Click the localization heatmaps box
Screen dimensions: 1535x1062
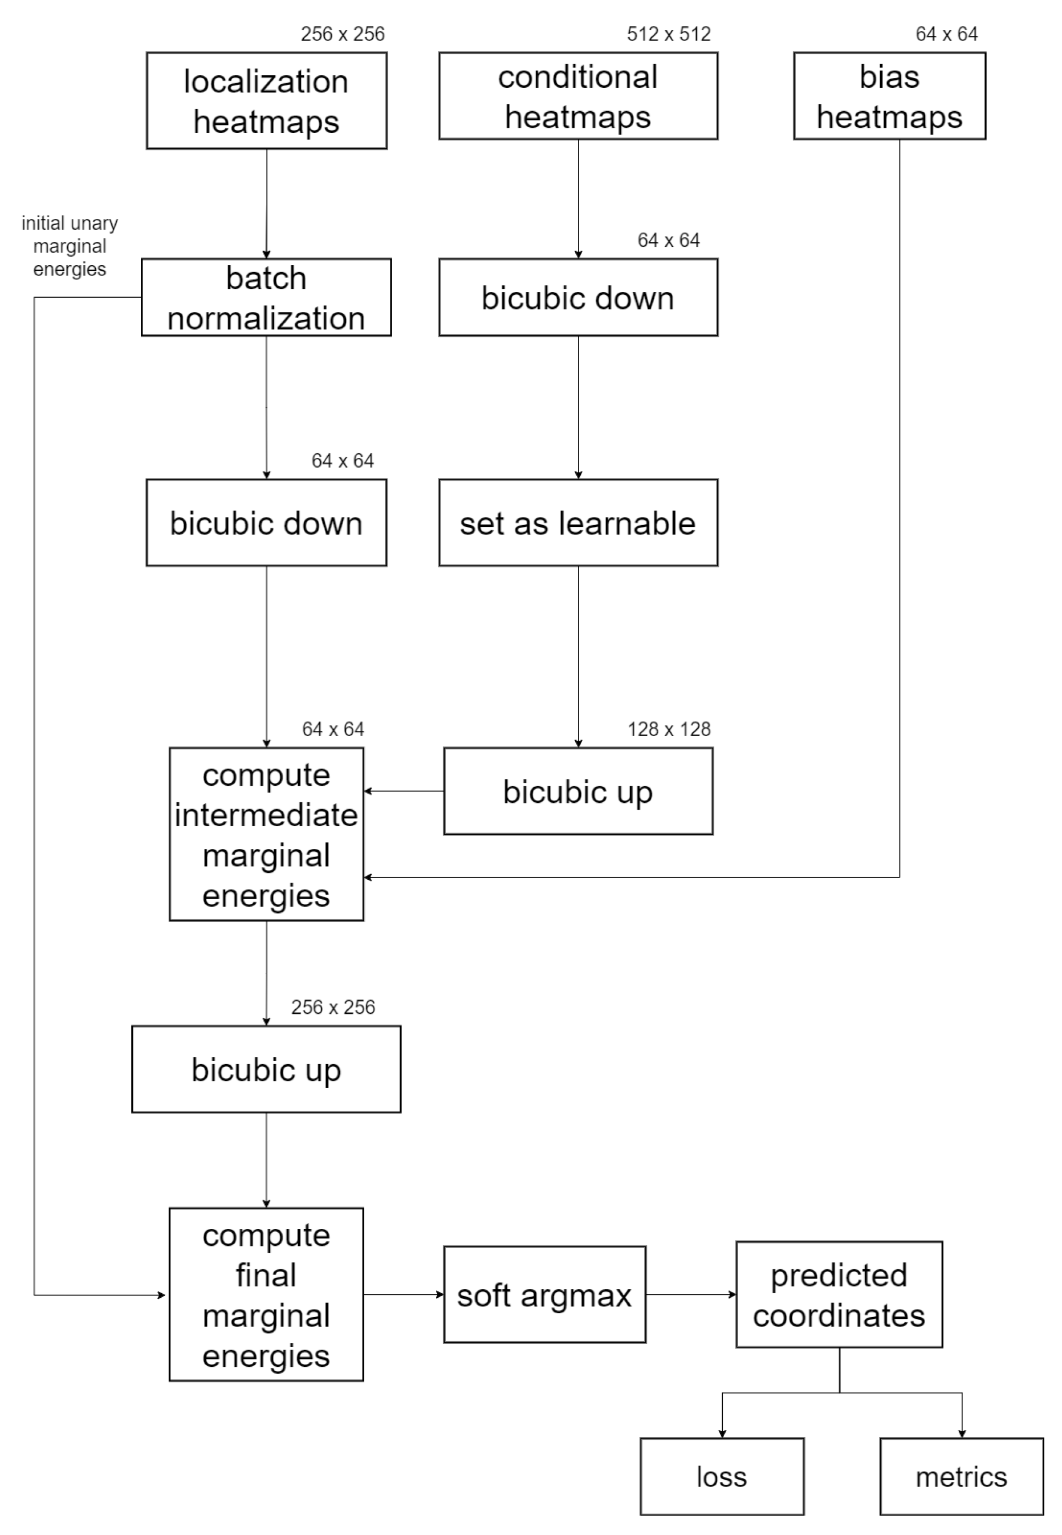[266, 101]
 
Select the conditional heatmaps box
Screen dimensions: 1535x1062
[577, 96]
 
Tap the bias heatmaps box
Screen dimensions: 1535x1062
[889, 96]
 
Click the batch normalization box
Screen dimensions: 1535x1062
[266, 298]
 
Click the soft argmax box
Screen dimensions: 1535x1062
[544, 1295]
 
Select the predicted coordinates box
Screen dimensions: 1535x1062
[839, 1295]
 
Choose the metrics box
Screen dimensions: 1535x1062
[961, 1476]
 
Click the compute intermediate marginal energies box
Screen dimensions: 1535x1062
[266, 834]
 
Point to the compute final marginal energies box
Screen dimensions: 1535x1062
[266, 1295]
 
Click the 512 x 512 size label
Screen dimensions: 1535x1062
[668, 34]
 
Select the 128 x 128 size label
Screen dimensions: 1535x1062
[668, 729]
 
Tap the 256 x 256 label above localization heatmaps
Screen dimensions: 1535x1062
[342, 34]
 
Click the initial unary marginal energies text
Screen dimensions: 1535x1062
[70, 246]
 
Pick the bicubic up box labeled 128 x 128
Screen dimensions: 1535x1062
[577, 791]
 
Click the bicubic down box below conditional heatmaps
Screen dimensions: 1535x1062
[577, 298]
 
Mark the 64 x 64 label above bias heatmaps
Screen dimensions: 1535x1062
[946, 34]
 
